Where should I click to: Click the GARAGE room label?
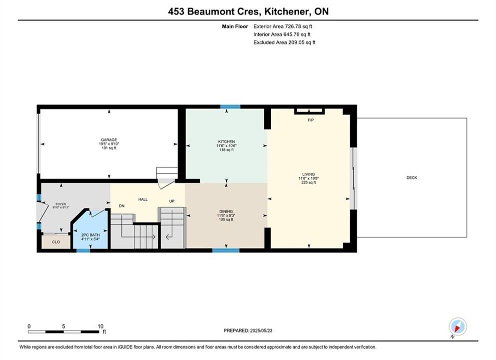[109, 139]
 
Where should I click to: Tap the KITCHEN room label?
[226, 141]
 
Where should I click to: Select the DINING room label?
[226, 211]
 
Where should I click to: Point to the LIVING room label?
[308, 174]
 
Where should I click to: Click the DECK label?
[412, 177]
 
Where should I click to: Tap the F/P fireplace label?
[311, 120]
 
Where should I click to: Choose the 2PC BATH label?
[90, 235]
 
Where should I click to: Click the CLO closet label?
[56, 242]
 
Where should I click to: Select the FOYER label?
[61, 204]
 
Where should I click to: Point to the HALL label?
[143, 199]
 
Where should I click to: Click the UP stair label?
[172, 201]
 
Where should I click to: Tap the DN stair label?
[122, 206]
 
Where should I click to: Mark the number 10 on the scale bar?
[100, 326]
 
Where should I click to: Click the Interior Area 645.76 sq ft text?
[282, 34]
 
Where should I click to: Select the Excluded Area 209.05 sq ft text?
[284, 42]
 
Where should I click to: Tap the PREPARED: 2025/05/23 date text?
[248, 330]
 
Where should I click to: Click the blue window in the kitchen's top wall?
[230, 106]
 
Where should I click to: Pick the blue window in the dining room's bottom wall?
[226, 250]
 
